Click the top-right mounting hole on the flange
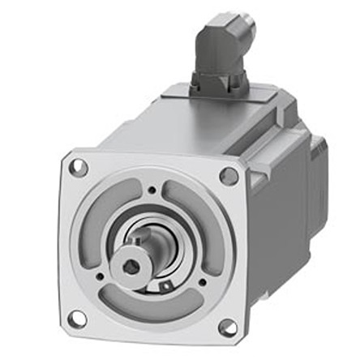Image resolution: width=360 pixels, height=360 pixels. [x=229, y=176]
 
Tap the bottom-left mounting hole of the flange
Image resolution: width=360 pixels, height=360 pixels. [x=78, y=317]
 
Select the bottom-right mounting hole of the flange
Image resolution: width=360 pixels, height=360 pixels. [x=228, y=328]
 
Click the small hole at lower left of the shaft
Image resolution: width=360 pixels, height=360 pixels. [x=101, y=276]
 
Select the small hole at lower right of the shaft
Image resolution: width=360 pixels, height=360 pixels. [x=201, y=283]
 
